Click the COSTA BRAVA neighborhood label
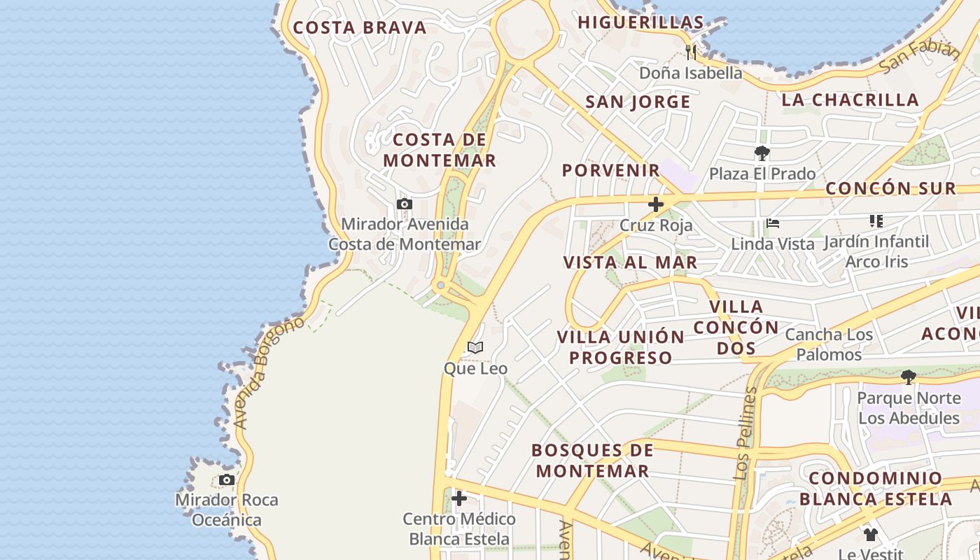(x=359, y=28)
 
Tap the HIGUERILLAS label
(x=640, y=22)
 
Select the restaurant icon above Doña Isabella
(x=691, y=51)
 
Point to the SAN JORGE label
(x=638, y=102)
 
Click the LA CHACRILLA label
(x=850, y=100)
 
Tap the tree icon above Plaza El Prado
(x=762, y=153)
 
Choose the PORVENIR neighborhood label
(x=611, y=170)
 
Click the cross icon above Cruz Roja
(x=656, y=204)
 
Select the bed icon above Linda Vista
(x=773, y=224)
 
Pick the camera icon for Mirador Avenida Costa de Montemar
(x=404, y=204)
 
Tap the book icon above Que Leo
(x=475, y=348)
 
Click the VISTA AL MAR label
(x=630, y=262)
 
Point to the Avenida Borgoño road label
(x=269, y=372)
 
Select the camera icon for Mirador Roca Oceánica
(x=226, y=479)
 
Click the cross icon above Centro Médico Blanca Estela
(x=459, y=498)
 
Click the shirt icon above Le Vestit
(x=870, y=535)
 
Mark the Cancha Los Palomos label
(x=829, y=344)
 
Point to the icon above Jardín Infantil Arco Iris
(x=876, y=221)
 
